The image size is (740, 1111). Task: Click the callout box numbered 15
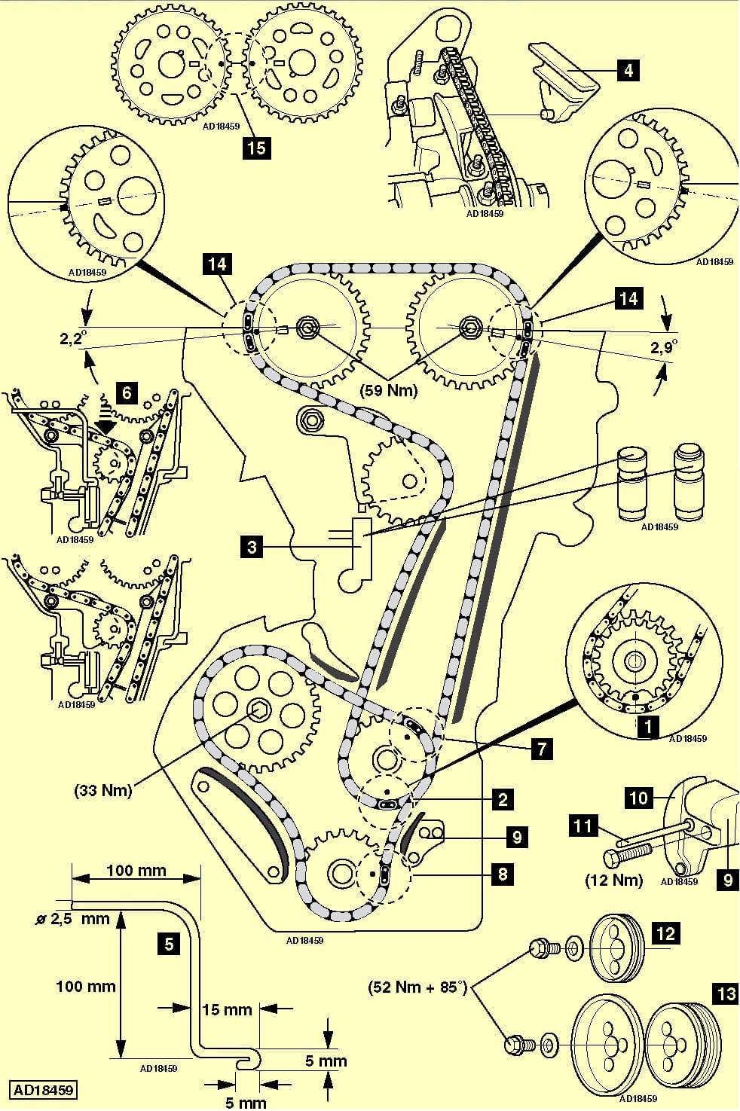(x=257, y=147)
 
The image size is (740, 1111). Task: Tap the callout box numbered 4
(x=627, y=71)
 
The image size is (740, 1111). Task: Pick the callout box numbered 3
(x=253, y=546)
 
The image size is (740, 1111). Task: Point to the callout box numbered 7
(x=541, y=749)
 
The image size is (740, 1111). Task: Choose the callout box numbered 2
(x=502, y=799)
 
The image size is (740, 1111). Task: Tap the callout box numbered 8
(x=502, y=874)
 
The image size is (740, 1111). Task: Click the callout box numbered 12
(x=665, y=934)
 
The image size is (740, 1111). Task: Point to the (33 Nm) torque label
(x=103, y=791)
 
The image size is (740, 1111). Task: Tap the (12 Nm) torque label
(x=614, y=880)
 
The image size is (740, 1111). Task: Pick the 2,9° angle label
(x=663, y=346)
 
